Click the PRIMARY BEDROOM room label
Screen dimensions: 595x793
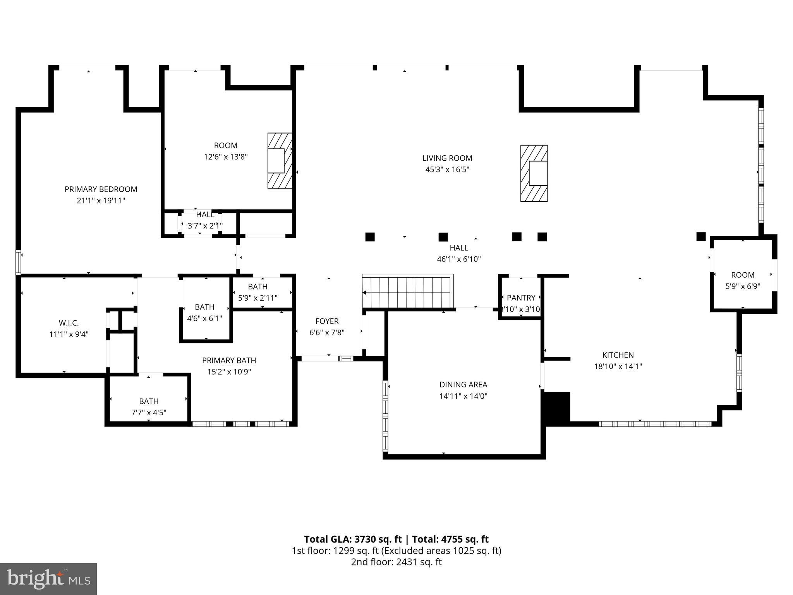[101, 189]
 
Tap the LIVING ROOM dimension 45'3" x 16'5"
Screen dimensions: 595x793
[447, 169]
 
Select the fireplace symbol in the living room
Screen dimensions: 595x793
[534, 173]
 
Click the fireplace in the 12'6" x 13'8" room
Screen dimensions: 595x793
[280, 161]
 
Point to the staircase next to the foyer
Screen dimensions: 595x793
[407, 291]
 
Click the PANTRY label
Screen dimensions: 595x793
[521, 297]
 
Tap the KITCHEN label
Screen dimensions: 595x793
[618, 355]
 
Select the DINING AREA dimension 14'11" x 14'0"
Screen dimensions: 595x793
[463, 396]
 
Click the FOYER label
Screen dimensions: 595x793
[327, 321]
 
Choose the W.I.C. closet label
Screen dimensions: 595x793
[69, 323]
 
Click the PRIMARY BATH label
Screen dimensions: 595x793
[229, 360]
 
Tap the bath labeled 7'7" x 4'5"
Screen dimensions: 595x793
[149, 407]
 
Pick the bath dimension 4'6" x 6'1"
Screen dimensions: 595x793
[204, 318]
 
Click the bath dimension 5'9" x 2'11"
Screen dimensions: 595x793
[257, 298]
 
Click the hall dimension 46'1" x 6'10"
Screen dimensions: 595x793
[459, 259]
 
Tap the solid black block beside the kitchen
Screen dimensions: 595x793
[557, 409]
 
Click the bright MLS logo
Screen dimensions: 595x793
[48, 579]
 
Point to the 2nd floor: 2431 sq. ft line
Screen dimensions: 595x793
[396, 562]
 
